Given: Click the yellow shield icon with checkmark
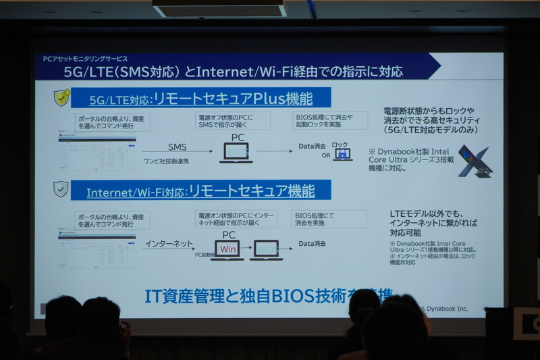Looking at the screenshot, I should [62, 97].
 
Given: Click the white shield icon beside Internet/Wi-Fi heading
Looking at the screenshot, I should [61, 189].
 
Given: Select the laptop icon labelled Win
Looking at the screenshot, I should [228, 249].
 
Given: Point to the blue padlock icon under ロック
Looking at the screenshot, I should [342, 155].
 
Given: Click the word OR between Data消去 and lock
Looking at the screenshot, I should [327, 155].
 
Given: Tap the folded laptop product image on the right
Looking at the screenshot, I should [474, 161].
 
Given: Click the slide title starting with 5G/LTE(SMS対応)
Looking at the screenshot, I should [233, 71].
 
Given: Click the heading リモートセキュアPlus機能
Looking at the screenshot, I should [234, 99].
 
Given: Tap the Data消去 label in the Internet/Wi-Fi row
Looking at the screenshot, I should [312, 243].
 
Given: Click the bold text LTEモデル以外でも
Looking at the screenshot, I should [424, 214].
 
